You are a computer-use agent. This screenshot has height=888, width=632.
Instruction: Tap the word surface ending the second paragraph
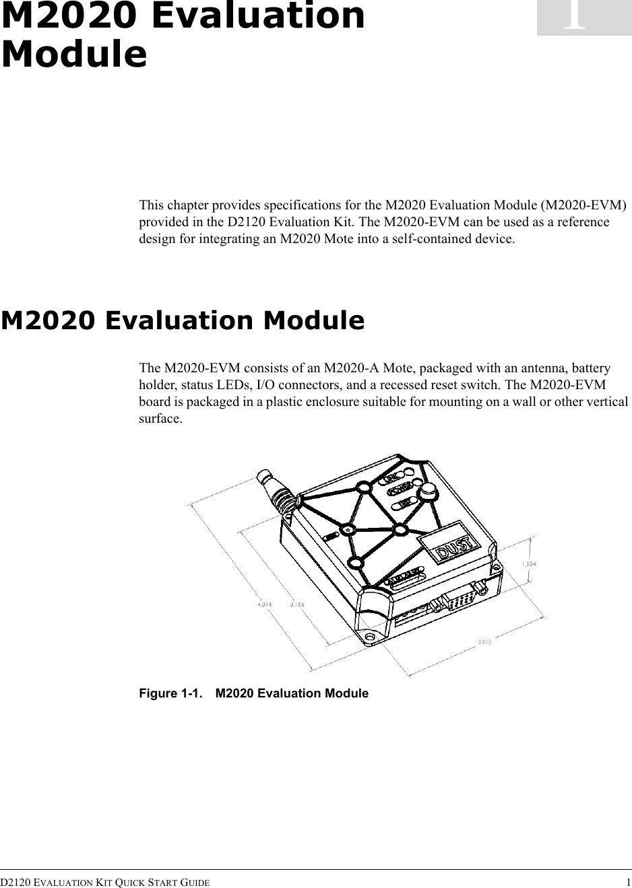[159, 419]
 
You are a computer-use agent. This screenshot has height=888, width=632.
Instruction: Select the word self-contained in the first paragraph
[427, 239]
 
